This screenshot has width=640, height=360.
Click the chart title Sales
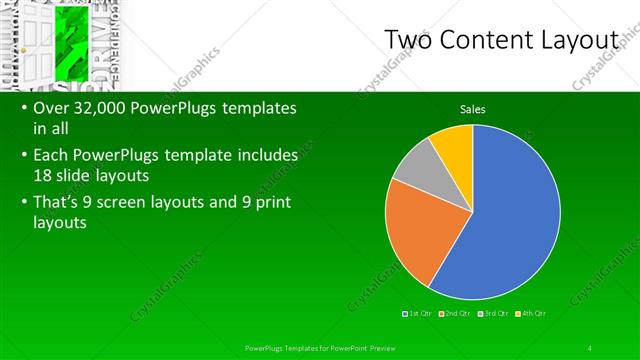point(473,109)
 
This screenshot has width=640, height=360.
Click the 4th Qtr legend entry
point(529,315)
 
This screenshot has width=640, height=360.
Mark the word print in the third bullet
point(278,201)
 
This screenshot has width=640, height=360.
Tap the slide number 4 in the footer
point(590,347)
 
